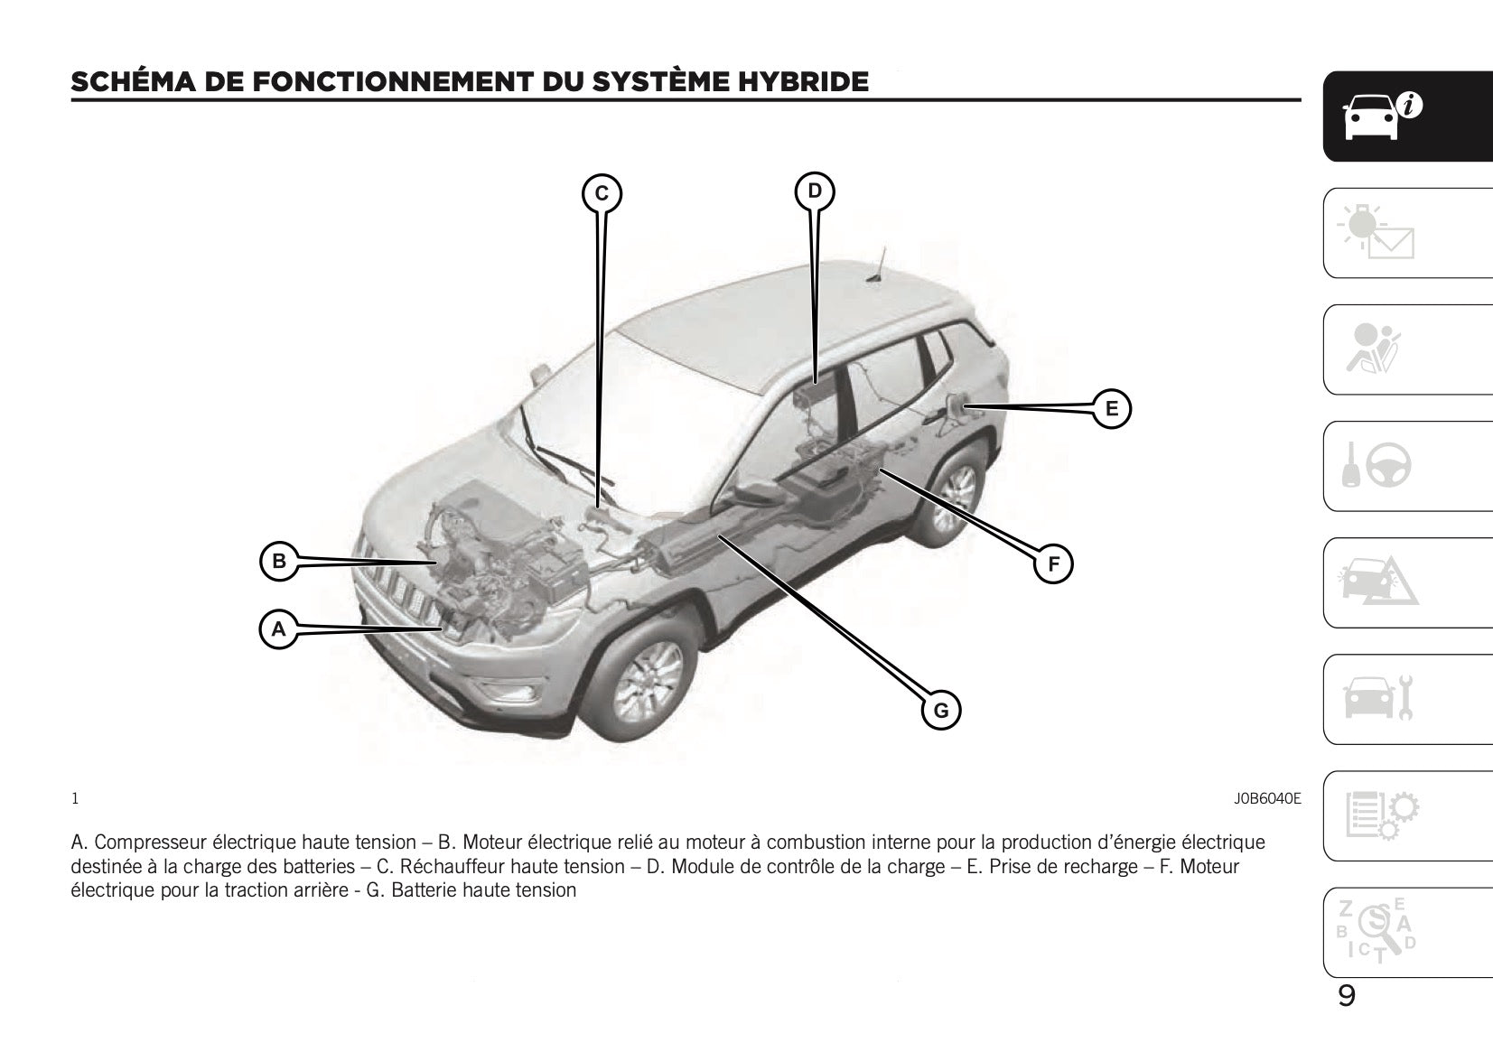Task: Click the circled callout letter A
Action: [278, 628]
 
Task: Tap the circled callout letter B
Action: [279, 561]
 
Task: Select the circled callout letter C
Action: [602, 193]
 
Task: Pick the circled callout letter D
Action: [815, 191]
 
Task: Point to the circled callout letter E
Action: [1111, 408]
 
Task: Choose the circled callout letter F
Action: [1053, 565]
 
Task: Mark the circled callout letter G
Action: [941, 710]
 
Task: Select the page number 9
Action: [1346, 996]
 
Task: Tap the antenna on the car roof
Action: [877, 265]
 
